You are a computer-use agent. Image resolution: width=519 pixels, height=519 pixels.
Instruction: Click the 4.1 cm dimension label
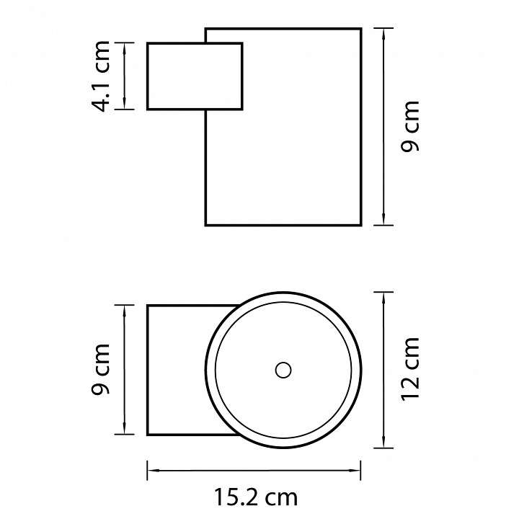100,76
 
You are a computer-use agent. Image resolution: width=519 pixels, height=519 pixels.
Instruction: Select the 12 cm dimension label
410,369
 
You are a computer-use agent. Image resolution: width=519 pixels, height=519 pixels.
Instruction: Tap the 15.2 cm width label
256,497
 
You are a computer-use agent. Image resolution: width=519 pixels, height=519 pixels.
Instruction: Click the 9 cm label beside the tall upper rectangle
410,126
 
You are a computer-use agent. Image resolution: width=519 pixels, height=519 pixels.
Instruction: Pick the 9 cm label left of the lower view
100,369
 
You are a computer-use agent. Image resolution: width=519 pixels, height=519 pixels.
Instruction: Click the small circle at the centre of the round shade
283,370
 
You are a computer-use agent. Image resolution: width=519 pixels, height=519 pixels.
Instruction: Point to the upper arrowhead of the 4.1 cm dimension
125,49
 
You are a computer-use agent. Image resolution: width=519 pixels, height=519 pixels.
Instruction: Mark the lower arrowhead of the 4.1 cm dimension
125,103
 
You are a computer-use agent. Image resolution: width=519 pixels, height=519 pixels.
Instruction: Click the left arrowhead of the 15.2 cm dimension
154,470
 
